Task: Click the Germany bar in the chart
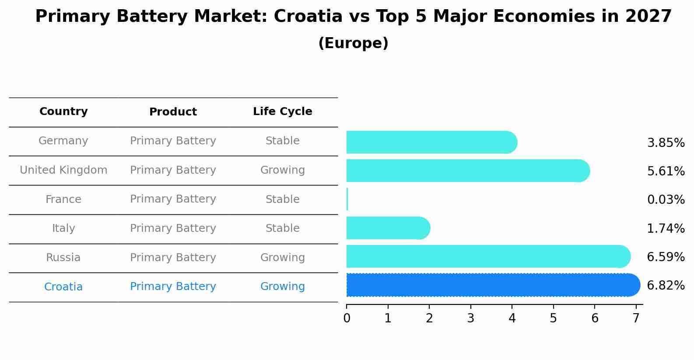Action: click(431, 142)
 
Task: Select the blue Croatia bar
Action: click(492, 285)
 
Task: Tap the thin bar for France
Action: click(347, 199)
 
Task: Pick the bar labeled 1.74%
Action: click(388, 228)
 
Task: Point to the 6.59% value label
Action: click(665, 257)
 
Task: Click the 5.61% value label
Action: click(665, 171)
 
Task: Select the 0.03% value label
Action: click(665, 200)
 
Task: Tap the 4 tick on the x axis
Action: click(512, 318)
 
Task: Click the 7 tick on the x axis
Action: click(636, 318)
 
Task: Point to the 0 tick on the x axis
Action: click(347, 318)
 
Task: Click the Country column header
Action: click(63, 112)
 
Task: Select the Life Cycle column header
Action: click(282, 112)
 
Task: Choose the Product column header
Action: click(173, 112)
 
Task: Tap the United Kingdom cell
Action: click(63, 170)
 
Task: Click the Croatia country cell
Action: click(63, 287)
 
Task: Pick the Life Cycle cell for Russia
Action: click(282, 258)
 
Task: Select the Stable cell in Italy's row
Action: click(282, 228)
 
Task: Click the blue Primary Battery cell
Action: click(173, 287)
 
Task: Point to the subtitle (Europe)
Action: click(353, 43)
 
